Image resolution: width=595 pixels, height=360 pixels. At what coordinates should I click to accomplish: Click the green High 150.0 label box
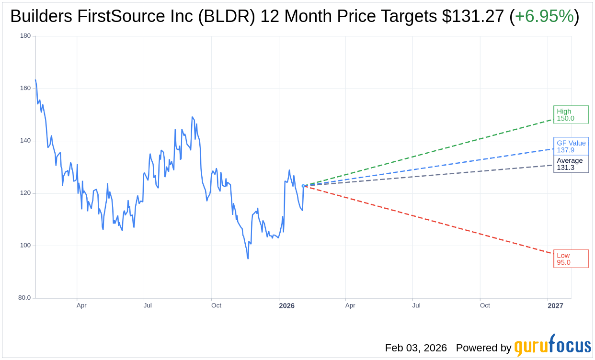pos(571,115)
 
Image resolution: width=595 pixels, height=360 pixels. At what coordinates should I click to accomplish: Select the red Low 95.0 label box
pos(571,259)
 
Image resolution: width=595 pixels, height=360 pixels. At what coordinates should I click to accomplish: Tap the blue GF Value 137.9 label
pos(571,146)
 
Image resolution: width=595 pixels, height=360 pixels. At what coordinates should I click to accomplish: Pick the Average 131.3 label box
pos(571,164)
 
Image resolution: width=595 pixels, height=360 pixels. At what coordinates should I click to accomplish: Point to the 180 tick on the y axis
pos(25,36)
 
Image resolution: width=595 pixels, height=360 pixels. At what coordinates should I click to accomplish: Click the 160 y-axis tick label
pos(25,88)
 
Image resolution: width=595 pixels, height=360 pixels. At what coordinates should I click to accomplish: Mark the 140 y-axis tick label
pos(25,141)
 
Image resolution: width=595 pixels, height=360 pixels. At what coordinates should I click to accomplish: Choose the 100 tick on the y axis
pos(25,246)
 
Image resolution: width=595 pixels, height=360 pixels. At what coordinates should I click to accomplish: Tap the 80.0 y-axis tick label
pos(24,298)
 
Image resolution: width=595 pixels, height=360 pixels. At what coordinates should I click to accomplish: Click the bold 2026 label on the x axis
pos(286,305)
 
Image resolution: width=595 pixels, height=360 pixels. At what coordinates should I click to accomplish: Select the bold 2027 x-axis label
pos(555,305)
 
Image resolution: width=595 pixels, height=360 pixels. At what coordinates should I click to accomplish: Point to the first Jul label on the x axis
pos(148,305)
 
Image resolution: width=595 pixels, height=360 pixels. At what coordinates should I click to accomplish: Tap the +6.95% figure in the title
pos(544,17)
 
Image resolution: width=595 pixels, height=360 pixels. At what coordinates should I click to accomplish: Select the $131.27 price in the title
pos(473,17)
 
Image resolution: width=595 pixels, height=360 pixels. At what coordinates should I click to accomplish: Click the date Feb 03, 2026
pos(416,348)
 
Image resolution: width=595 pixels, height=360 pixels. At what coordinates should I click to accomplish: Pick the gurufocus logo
pos(552,346)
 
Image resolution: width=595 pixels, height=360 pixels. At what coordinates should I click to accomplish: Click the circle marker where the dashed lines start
pos(303,186)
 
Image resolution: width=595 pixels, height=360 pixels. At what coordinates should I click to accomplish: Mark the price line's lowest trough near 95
pos(248,259)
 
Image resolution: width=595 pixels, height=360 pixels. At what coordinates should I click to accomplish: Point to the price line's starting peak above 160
pos(35,80)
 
